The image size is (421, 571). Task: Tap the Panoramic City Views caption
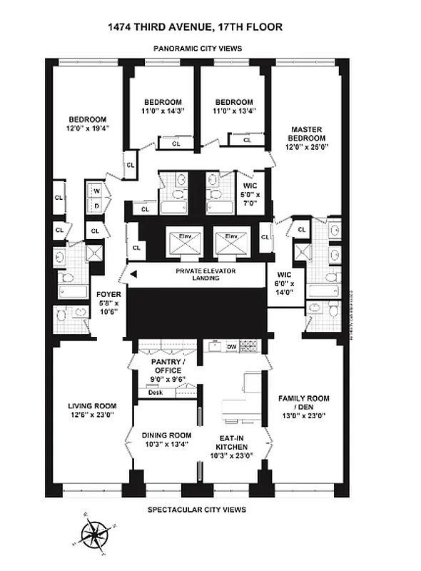tap(198, 49)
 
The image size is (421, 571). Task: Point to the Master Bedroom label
tap(307, 133)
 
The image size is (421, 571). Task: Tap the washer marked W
tap(96, 191)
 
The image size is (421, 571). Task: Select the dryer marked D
tap(96, 206)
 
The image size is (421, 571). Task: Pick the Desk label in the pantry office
tap(153, 393)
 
